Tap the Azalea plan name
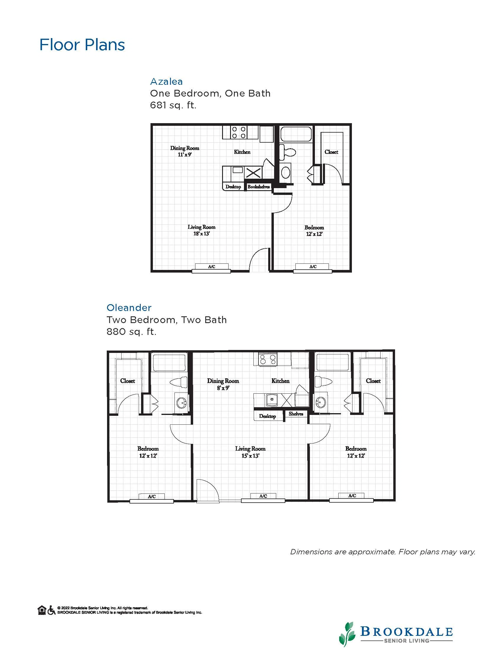tap(166, 82)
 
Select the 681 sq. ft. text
tap(173, 105)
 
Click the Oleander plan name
tap(129, 308)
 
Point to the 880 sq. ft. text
tap(131, 332)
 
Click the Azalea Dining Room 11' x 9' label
tap(185, 151)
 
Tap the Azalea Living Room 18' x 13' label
tap(201, 230)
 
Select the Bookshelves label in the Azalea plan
tap(259, 187)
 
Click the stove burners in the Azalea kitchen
tap(239, 132)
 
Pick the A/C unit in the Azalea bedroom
tap(313, 267)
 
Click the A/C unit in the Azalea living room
tap(211, 267)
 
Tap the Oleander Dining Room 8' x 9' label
tap(223, 384)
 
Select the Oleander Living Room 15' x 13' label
tap(250, 452)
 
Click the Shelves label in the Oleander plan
tap(296, 414)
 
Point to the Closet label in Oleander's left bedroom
tap(127, 381)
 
